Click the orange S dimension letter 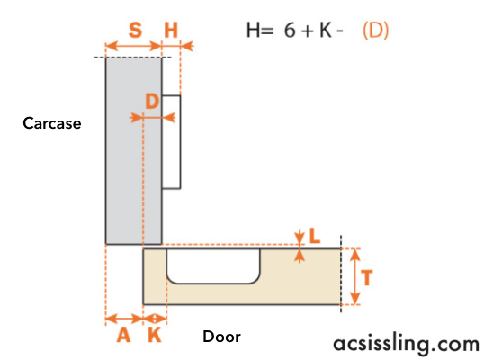pyautogui.click(x=135, y=30)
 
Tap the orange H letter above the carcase pyautogui.click(x=171, y=30)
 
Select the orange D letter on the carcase pyautogui.click(x=152, y=102)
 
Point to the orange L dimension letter pyautogui.click(x=315, y=236)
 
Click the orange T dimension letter pyautogui.click(x=367, y=277)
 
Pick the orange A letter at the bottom pyautogui.click(x=123, y=335)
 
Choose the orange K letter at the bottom pyautogui.click(x=155, y=335)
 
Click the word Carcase pyautogui.click(x=52, y=123)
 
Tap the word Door pyautogui.click(x=221, y=337)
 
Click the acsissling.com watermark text pyautogui.click(x=407, y=344)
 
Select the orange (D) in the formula pyautogui.click(x=375, y=31)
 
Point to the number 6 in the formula pyautogui.click(x=290, y=31)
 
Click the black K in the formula pyautogui.click(x=326, y=31)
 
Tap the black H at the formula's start pyautogui.click(x=253, y=31)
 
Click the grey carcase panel pyautogui.click(x=133, y=151)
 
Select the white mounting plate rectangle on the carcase pyautogui.click(x=171, y=142)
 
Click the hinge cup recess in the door pyautogui.click(x=213, y=265)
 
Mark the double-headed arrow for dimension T pyautogui.click(x=355, y=276)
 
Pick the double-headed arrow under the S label pyautogui.click(x=133, y=46)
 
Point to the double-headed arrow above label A pyautogui.click(x=124, y=319)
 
